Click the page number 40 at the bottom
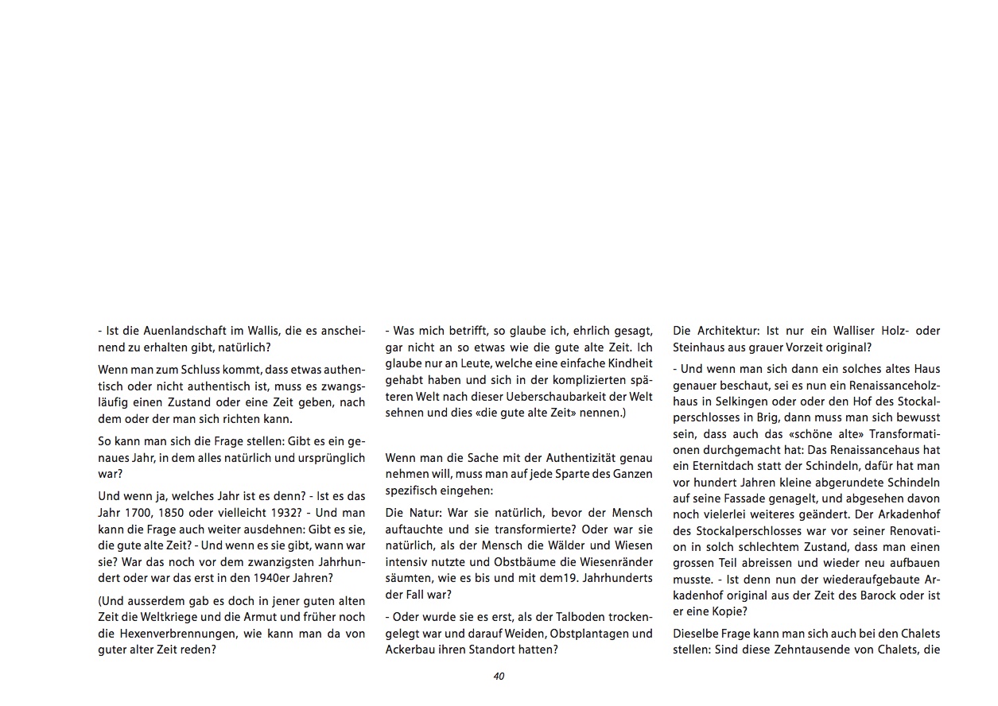(499, 677)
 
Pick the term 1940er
(276, 577)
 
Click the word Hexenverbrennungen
(174, 633)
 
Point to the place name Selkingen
(746, 401)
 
